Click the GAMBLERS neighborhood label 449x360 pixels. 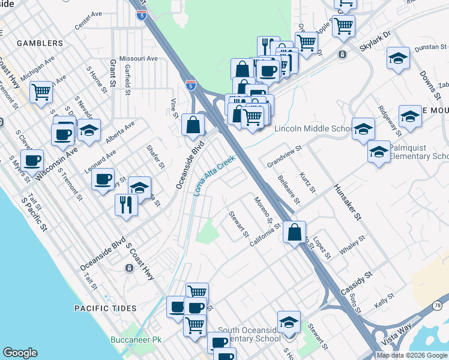(x=40, y=43)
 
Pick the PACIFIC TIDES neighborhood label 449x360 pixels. (x=105, y=308)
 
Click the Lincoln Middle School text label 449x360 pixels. (x=313, y=129)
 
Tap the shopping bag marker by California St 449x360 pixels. (x=294, y=233)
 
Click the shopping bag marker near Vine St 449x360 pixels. (x=193, y=125)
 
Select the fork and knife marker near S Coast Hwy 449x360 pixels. (x=127, y=205)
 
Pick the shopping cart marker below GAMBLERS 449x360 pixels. (x=41, y=92)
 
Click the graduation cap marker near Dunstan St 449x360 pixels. (x=398, y=58)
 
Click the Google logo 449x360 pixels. (x=20, y=353)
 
